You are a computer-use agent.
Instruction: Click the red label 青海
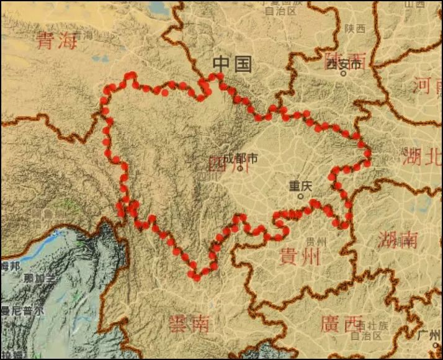tap(56, 41)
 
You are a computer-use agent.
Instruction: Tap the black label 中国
tap(232, 63)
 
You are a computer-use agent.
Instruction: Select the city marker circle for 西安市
tap(342, 73)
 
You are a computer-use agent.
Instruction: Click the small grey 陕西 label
tap(356, 29)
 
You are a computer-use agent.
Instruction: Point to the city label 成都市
tap(240, 158)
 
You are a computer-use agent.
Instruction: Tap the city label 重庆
tap(300, 185)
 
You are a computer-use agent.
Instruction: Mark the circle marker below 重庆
tap(301, 196)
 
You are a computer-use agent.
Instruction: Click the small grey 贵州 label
tap(316, 241)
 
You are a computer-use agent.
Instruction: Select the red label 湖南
tap(396, 240)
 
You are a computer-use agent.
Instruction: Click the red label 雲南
tap(189, 323)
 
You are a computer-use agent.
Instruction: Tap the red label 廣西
tap(341, 323)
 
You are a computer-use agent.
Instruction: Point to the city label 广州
tap(429, 335)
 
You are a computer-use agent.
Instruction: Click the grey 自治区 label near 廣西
tap(365, 335)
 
